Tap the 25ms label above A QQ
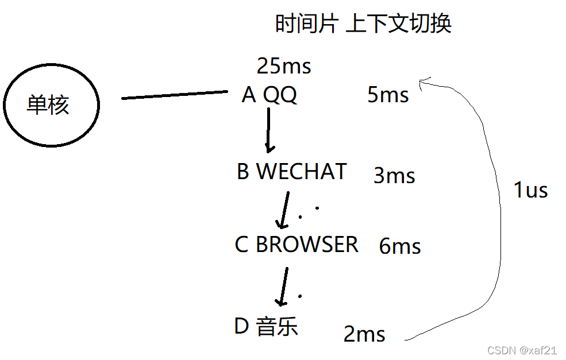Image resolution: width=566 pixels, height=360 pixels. coord(284,67)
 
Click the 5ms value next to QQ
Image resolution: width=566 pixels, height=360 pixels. coord(388,95)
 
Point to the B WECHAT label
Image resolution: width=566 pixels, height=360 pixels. coord(291,172)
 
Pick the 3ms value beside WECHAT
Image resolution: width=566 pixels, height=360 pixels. coord(394,176)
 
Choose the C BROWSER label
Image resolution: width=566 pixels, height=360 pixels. coord(297,245)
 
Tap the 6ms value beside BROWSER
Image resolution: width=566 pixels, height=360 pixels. coord(400,246)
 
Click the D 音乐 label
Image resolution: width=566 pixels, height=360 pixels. coord(266,327)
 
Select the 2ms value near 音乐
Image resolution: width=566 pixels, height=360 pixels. coord(364,334)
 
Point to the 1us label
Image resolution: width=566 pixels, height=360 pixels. coord(530,190)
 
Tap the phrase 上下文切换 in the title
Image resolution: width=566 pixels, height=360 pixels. coord(399,24)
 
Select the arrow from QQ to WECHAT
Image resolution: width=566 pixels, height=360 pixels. coord(268,130)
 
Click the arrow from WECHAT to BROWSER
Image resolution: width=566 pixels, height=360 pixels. coord(283,210)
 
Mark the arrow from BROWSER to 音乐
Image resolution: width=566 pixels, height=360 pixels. coord(282,286)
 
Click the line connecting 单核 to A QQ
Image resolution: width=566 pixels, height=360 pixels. coord(175,95)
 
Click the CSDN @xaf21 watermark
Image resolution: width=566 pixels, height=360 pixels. coord(522,350)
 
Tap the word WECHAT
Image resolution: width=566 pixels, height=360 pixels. coord(302,172)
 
